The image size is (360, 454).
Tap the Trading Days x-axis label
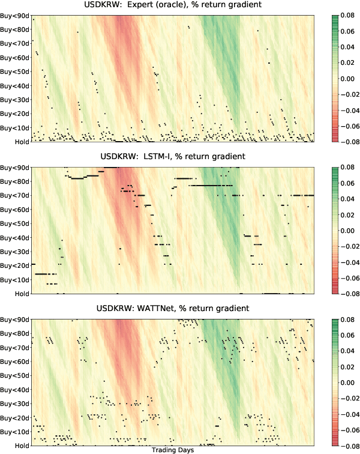pos(172,450)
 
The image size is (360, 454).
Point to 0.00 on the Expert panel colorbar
pos(349,79)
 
